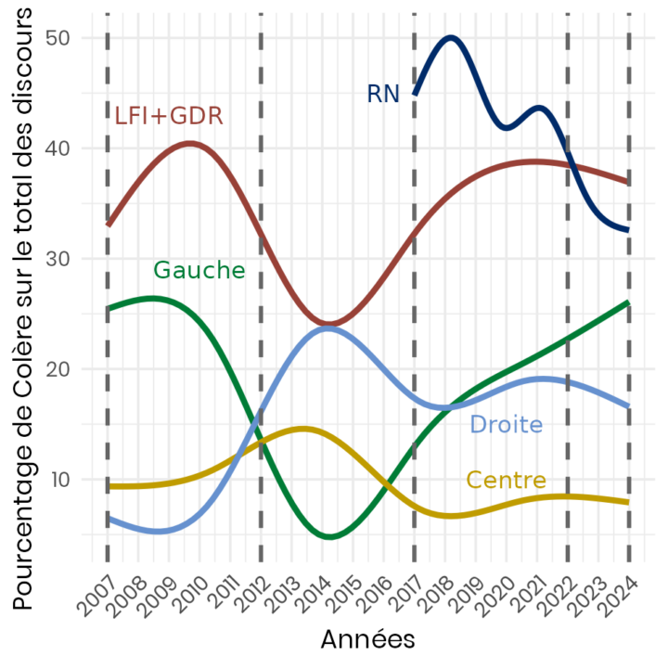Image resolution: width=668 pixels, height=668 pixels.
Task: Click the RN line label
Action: click(x=383, y=94)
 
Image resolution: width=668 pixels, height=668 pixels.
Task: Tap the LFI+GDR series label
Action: click(x=168, y=116)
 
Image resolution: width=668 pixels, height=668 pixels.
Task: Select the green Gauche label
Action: click(x=199, y=270)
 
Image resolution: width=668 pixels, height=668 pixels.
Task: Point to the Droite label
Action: click(x=506, y=425)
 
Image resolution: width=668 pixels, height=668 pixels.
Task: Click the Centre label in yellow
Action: click(x=506, y=480)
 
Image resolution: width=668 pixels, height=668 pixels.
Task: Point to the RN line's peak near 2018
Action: click(x=451, y=38)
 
